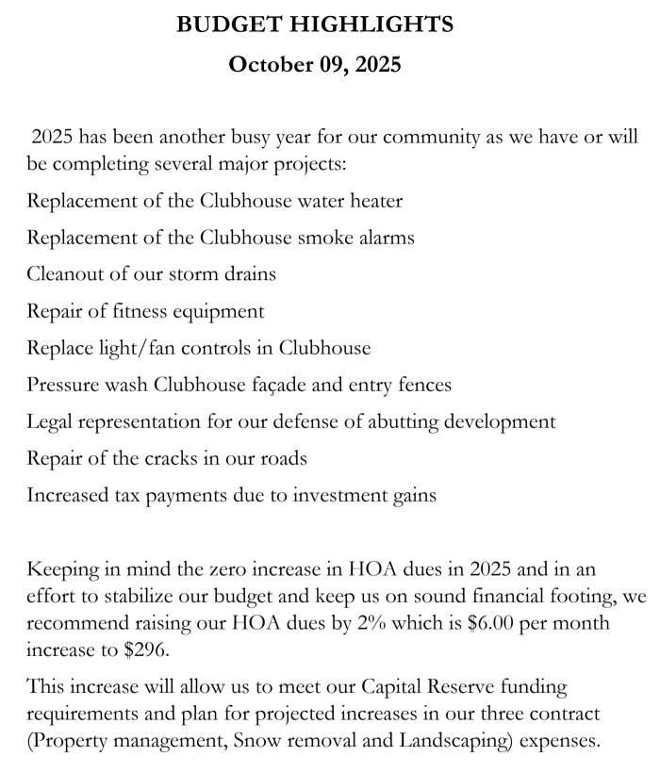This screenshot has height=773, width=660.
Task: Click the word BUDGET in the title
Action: click(223, 25)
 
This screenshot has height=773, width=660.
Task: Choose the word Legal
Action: click(52, 421)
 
